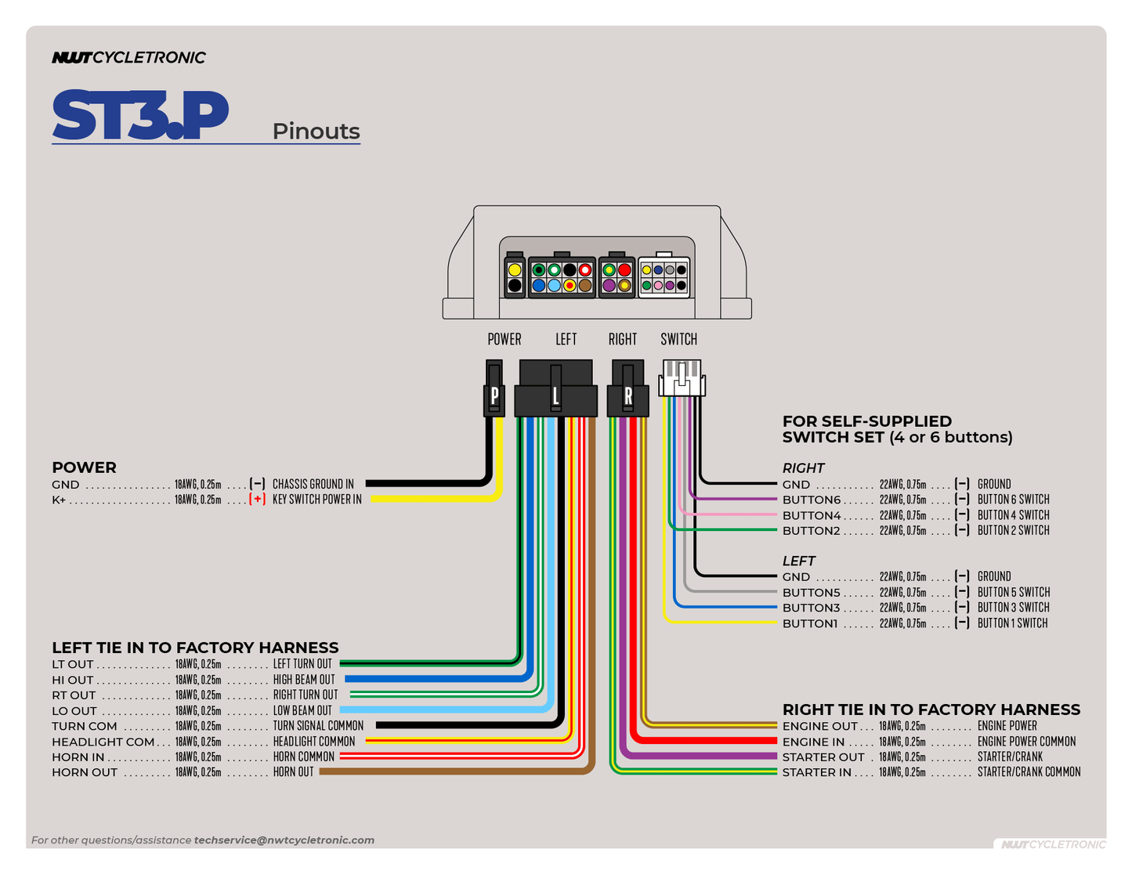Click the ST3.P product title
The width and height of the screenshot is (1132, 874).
(140, 115)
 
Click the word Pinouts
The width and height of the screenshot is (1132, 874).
(316, 131)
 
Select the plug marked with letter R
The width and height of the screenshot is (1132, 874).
(627, 395)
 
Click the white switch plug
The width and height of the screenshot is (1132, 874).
(682, 378)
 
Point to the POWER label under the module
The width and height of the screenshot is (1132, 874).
(504, 339)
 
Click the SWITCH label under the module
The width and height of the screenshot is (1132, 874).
(678, 339)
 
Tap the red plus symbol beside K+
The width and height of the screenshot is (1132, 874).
(257, 499)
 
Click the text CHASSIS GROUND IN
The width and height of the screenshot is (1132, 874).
(313, 484)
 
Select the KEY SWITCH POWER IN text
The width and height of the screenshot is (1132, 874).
(316, 499)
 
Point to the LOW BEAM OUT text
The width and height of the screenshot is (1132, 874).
(302, 710)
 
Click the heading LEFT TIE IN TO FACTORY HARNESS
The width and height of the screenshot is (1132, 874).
(195, 648)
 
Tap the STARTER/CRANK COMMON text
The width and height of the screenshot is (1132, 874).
(1029, 772)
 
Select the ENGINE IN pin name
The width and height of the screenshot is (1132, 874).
(813, 742)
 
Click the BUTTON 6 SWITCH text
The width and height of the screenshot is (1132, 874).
(1013, 499)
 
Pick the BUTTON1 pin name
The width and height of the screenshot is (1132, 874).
(809, 623)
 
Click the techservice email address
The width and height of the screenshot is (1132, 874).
(284, 840)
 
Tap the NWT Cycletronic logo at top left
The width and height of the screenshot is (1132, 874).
(128, 57)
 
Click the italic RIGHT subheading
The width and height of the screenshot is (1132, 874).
(803, 468)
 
